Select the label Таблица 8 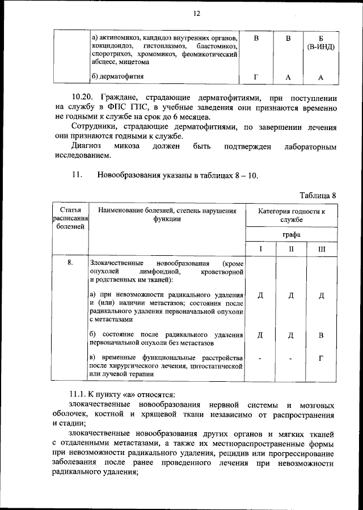click(x=318, y=195)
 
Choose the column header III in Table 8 click(x=322, y=249)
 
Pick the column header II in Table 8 click(x=291, y=249)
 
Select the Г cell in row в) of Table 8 click(x=322, y=359)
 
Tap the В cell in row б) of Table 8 click(x=322, y=335)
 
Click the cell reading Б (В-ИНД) click(x=320, y=42)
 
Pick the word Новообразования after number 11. click(x=129, y=175)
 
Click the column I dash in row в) click(x=260, y=359)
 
